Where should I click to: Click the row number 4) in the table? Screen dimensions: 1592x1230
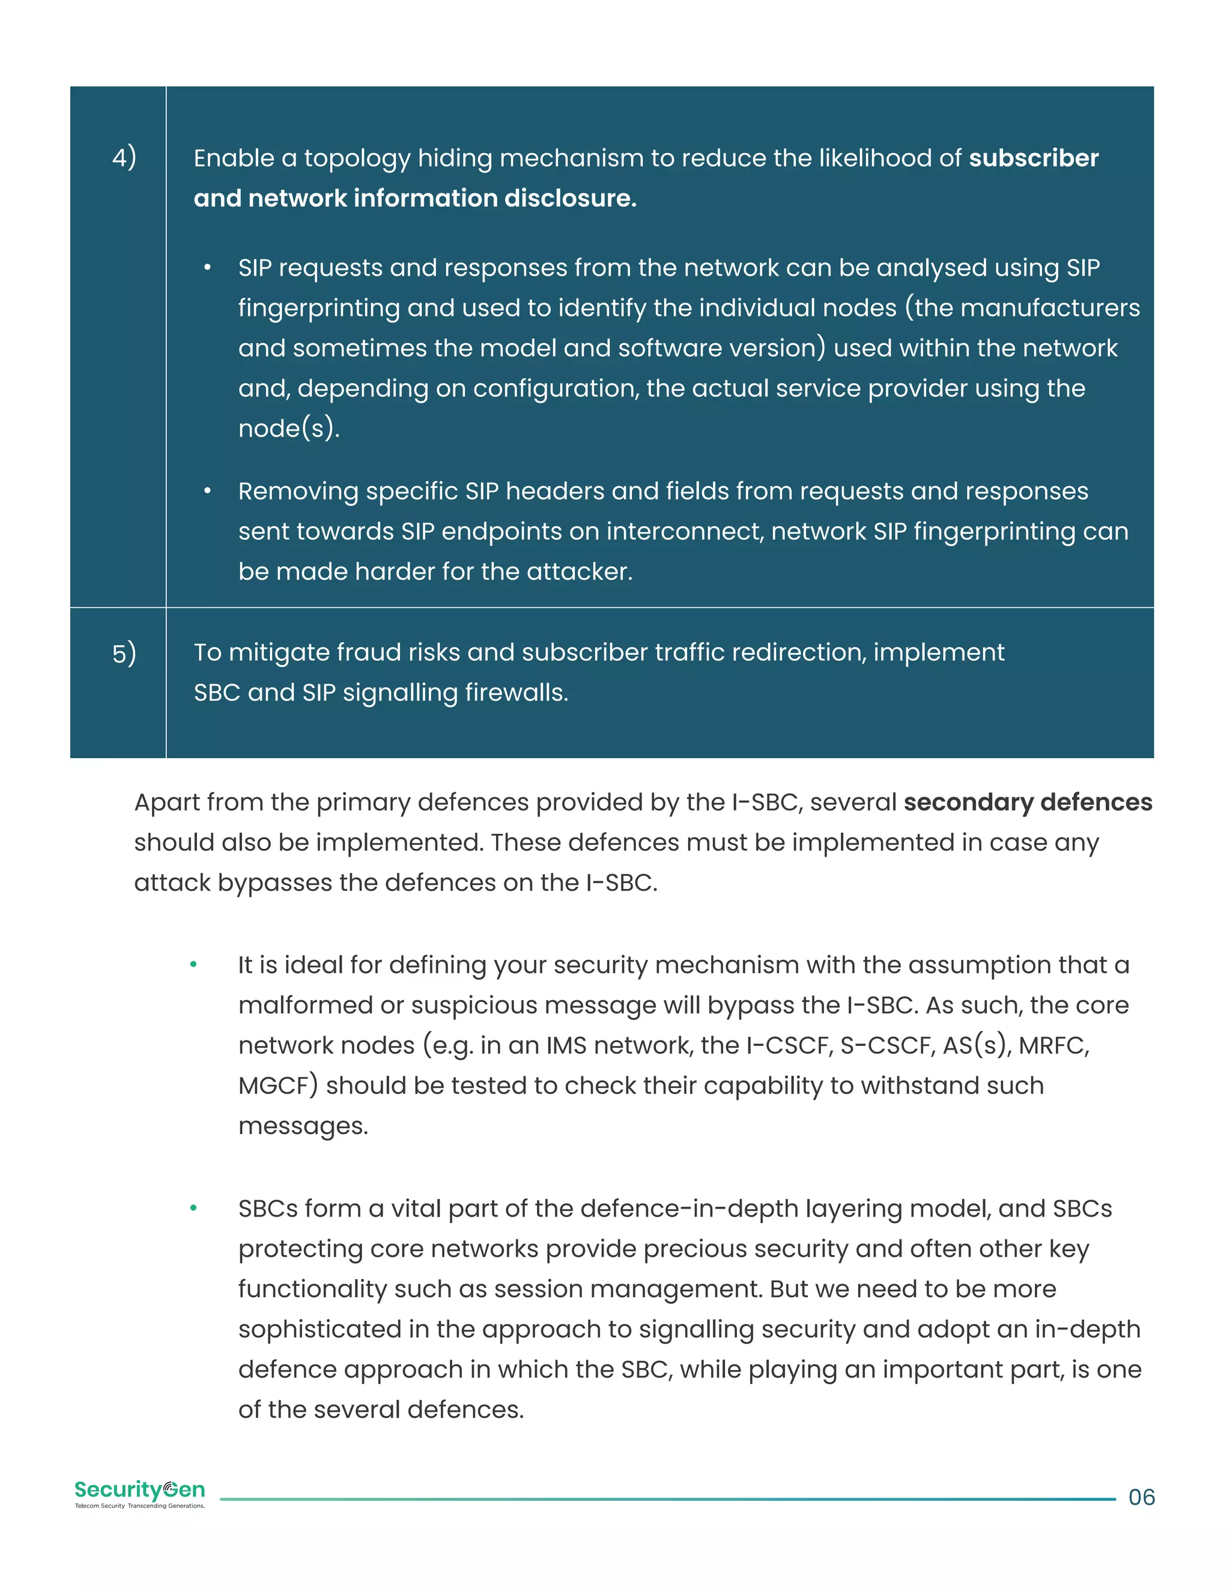pyautogui.click(x=124, y=157)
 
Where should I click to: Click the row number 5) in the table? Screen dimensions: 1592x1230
pyautogui.click(x=124, y=652)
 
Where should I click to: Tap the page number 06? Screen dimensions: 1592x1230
pyautogui.click(x=1141, y=1497)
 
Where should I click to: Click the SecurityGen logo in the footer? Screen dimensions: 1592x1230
pyautogui.click(x=140, y=1489)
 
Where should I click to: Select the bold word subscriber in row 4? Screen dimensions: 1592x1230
pyautogui.click(x=1032, y=158)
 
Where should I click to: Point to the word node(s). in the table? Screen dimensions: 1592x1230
pyautogui.click(x=288, y=428)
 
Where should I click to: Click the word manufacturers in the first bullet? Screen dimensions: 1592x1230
pyautogui.click(x=1050, y=308)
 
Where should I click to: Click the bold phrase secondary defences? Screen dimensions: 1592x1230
pyautogui.click(x=1028, y=802)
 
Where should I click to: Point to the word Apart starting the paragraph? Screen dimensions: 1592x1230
pyautogui.click(x=166, y=803)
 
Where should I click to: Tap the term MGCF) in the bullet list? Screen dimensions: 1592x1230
pyautogui.click(x=277, y=1086)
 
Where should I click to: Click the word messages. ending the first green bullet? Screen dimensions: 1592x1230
pyautogui.click(x=303, y=1125)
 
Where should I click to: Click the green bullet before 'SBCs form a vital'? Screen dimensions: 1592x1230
pyautogui.click(x=193, y=1209)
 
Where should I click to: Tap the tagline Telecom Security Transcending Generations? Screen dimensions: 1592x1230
pyautogui.click(x=140, y=1506)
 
